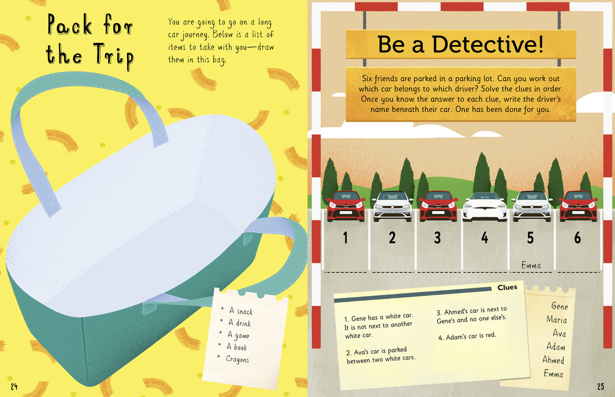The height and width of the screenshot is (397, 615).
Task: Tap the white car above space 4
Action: click(484, 207)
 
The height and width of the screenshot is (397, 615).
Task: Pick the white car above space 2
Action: click(392, 206)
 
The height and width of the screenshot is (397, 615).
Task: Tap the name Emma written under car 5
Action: click(531, 266)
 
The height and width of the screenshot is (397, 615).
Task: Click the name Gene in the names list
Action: click(559, 306)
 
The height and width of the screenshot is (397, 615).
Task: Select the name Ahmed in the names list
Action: click(553, 360)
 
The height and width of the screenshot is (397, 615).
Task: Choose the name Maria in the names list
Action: click(556, 320)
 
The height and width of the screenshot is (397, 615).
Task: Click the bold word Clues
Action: click(507, 288)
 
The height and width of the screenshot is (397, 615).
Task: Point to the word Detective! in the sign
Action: click(488, 45)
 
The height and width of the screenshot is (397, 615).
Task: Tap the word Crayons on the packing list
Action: click(237, 359)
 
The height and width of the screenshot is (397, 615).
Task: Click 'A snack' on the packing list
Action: click(240, 311)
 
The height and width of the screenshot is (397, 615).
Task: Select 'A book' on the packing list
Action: click(237, 347)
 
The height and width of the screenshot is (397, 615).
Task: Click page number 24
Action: click(14, 386)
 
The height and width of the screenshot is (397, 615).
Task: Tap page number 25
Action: click(601, 386)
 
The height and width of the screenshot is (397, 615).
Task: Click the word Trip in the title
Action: click(113, 57)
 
